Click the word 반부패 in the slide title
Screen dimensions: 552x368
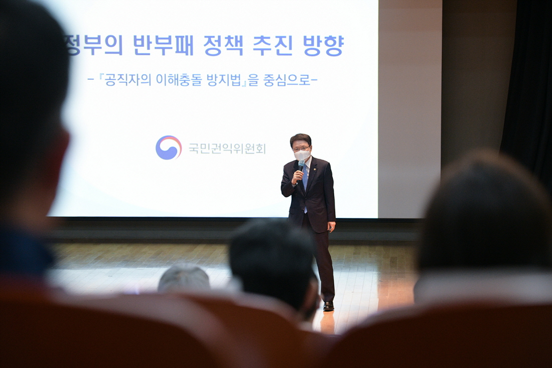click(164, 45)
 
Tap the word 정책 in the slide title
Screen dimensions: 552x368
click(223, 45)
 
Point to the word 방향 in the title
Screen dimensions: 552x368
click(323, 45)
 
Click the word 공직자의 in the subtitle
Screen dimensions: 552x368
click(128, 80)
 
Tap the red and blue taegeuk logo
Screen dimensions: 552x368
click(169, 148)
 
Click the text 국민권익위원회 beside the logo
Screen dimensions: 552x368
click(227, 149)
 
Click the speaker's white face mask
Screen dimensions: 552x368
click(302, 154)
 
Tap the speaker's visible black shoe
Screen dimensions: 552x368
click(329, 306)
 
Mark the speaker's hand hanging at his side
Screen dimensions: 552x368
click(331, 226)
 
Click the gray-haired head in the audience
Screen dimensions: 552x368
click(184, 279)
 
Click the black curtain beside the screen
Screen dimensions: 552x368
click(526, 88)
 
